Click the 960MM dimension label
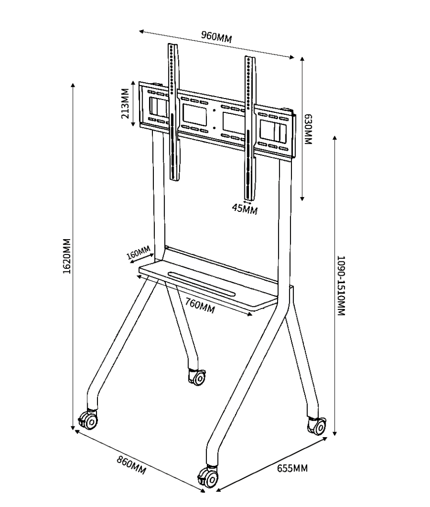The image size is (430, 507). pyautogui.click(x=216, y=37)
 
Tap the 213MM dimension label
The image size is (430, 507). pyautogui.click(x=125, y=103)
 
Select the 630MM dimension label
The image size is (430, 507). pyautogui.click(x=308, y=129)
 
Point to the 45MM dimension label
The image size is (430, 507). pyautogui.click(x=245, y=209)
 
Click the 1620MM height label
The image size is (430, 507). pyautogui.click(x=66, y=256)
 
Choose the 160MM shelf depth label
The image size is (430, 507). pyautogui.click(x=139, y=253)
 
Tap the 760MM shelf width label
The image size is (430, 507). pyautogui.click(x=200, y=305)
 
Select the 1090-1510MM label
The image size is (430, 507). pyautogui.click(x=341, y=286)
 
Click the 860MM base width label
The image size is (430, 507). pyautogui.click(x=131, y=465)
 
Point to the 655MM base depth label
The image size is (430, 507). pyautogui.click(x=292, y=468)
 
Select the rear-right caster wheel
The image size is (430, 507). pyautogui.click(x=317, y=425)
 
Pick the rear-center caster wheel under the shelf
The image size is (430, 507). pyautogui.click(x=197, y=377)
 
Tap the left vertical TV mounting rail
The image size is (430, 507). pyautogui.click(x=174, y=112)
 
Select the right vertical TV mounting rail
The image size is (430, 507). pyautogui.click(x=250, y=128)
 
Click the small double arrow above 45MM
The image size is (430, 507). pyautogui.click(x=247, y=203)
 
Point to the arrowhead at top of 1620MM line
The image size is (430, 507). pyautogui.click(x=73, y=85)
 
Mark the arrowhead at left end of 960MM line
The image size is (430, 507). pyautogui.click(x=142, y=31)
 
